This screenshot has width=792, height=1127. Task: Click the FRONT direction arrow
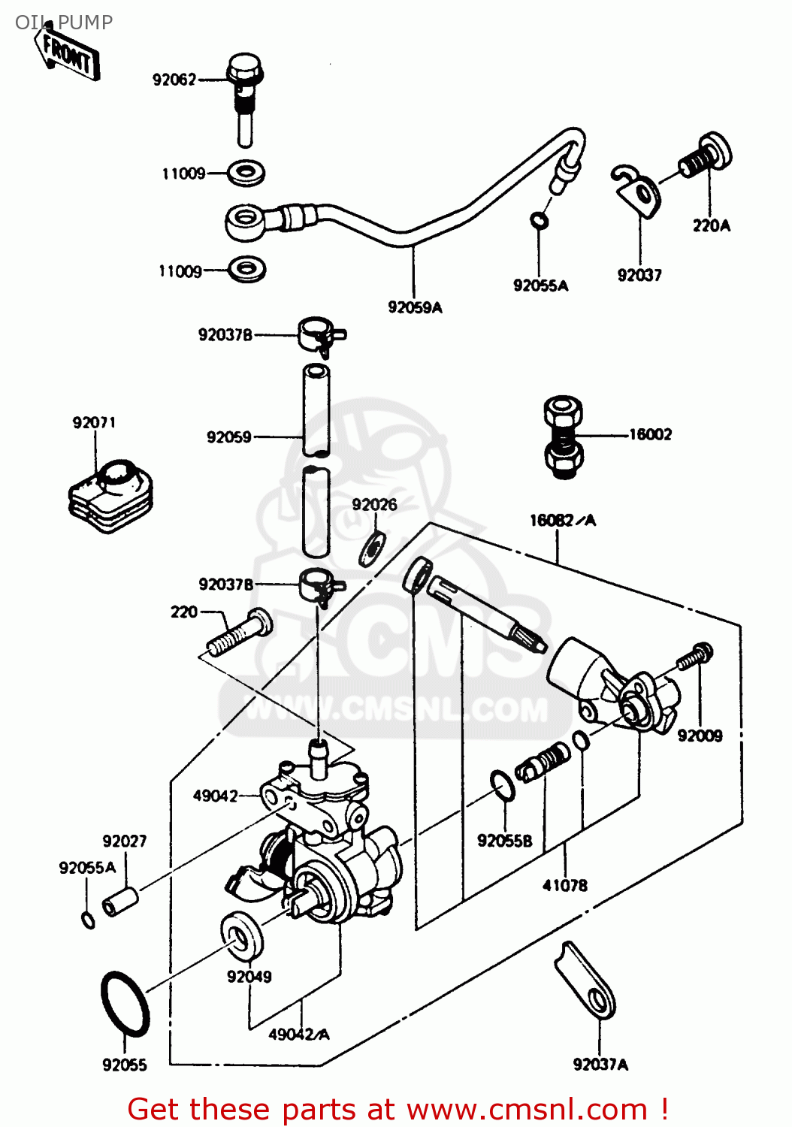pos(68,55)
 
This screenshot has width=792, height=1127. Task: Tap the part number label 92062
pos(174,80)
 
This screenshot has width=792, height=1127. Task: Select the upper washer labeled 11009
pos(246,174)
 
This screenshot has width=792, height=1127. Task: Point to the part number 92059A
pos(415,307)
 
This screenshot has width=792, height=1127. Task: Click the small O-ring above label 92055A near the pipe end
pos(539,220)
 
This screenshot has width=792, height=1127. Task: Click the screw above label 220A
pos(706,156)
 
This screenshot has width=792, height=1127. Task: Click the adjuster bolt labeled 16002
pos(563,437)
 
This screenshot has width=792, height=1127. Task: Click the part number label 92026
pos(374,505)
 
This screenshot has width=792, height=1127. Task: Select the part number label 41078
pos(565,886)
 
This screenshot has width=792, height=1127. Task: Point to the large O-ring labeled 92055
pos(125,1004)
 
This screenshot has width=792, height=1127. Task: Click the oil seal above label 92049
pos(242,935)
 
